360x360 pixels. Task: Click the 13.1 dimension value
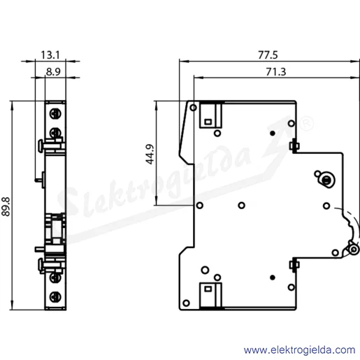50,55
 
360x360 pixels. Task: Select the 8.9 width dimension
53,71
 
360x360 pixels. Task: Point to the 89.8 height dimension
6,207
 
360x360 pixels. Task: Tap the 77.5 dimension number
268,55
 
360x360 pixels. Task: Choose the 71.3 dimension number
276,72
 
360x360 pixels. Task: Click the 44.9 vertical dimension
150,154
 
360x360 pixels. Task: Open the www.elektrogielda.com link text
299,350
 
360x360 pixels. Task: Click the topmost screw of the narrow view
55,114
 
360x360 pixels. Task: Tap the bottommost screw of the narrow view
55,297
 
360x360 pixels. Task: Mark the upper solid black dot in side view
273,134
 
